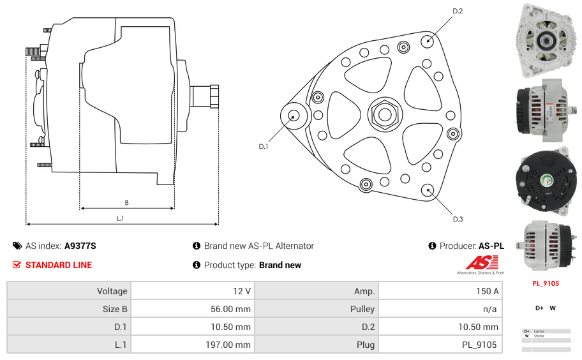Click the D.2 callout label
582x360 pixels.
pos(458,11)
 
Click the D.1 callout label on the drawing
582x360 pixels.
pos(264,147)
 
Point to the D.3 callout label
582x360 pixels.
pos(458,219)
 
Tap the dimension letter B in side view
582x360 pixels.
pos(126,203)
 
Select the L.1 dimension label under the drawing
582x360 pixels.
pos(120,218)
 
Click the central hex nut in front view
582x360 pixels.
pos(384,115)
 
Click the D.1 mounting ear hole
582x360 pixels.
pos(294,116)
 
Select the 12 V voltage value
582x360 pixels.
pos(241,291)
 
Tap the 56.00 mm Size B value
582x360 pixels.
pos(231,309)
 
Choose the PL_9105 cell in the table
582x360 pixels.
pos(479,345)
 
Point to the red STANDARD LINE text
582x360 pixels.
pos(59,265)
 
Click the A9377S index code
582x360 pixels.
pos(80,246)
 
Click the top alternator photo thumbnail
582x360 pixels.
pos(546,40)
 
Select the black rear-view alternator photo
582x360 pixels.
pos(546,180)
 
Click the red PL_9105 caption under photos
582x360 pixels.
pos(546,283)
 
